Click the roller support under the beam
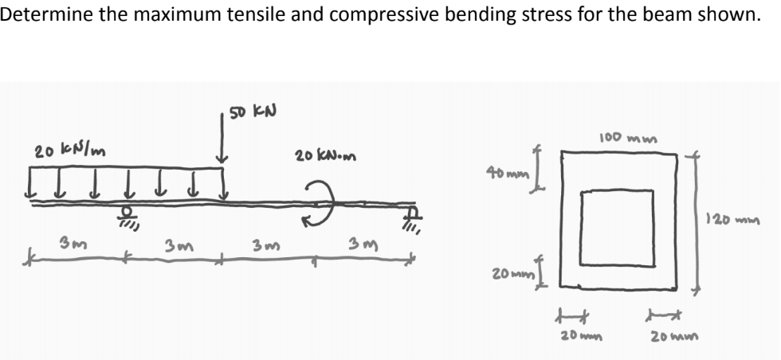tap(125, 216)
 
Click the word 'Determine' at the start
tap(38, 15)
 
